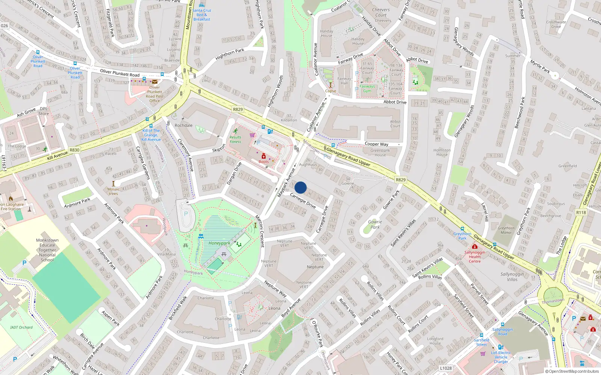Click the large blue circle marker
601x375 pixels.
[300, 187]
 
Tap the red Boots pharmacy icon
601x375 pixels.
[264, 156]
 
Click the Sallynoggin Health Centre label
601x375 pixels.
[474, 256]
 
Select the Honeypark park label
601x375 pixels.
[219, 243]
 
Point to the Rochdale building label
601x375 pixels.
[183, 125]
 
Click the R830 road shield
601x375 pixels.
[74, 150]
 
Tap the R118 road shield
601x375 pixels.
[581, 212]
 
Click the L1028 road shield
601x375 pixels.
[446, 368]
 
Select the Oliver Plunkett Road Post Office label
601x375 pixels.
[155, 94]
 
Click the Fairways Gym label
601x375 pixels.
[367, 88]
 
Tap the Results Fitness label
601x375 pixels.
[236, 139]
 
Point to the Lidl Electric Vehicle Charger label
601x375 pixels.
[501, 357]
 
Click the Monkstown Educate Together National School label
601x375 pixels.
[47, 250]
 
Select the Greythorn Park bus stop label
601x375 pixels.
[462, 235]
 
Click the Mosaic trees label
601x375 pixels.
[113, 191]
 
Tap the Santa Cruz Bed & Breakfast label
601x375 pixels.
[202, 15]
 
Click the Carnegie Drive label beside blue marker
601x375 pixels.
[303, 201]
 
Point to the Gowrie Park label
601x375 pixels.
[375, 224]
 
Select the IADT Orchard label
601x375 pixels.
[21, 327]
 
